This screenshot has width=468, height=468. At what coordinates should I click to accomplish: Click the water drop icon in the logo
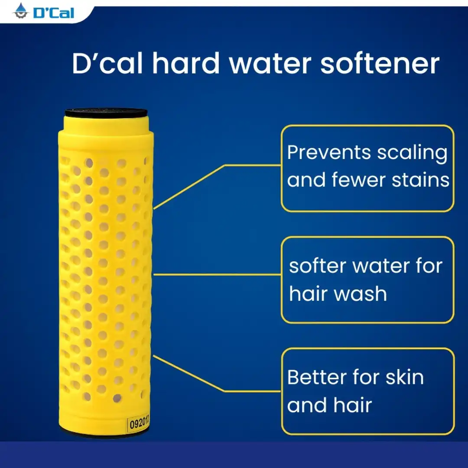[21, 11]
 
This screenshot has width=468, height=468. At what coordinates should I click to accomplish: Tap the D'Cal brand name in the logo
[54, 13]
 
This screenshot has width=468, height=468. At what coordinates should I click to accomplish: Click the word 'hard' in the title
[186, 63]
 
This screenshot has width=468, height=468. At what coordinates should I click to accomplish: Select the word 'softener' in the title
[380, 63]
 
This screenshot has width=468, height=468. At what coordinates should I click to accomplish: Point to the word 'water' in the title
[270, 65]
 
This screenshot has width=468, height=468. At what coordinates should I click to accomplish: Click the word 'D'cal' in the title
[107, 63]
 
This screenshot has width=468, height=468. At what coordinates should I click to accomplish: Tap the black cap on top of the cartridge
[106, 113]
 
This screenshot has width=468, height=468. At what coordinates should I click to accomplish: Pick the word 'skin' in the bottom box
[405, 377]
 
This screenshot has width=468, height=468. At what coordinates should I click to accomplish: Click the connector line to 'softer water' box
[217, 275]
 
